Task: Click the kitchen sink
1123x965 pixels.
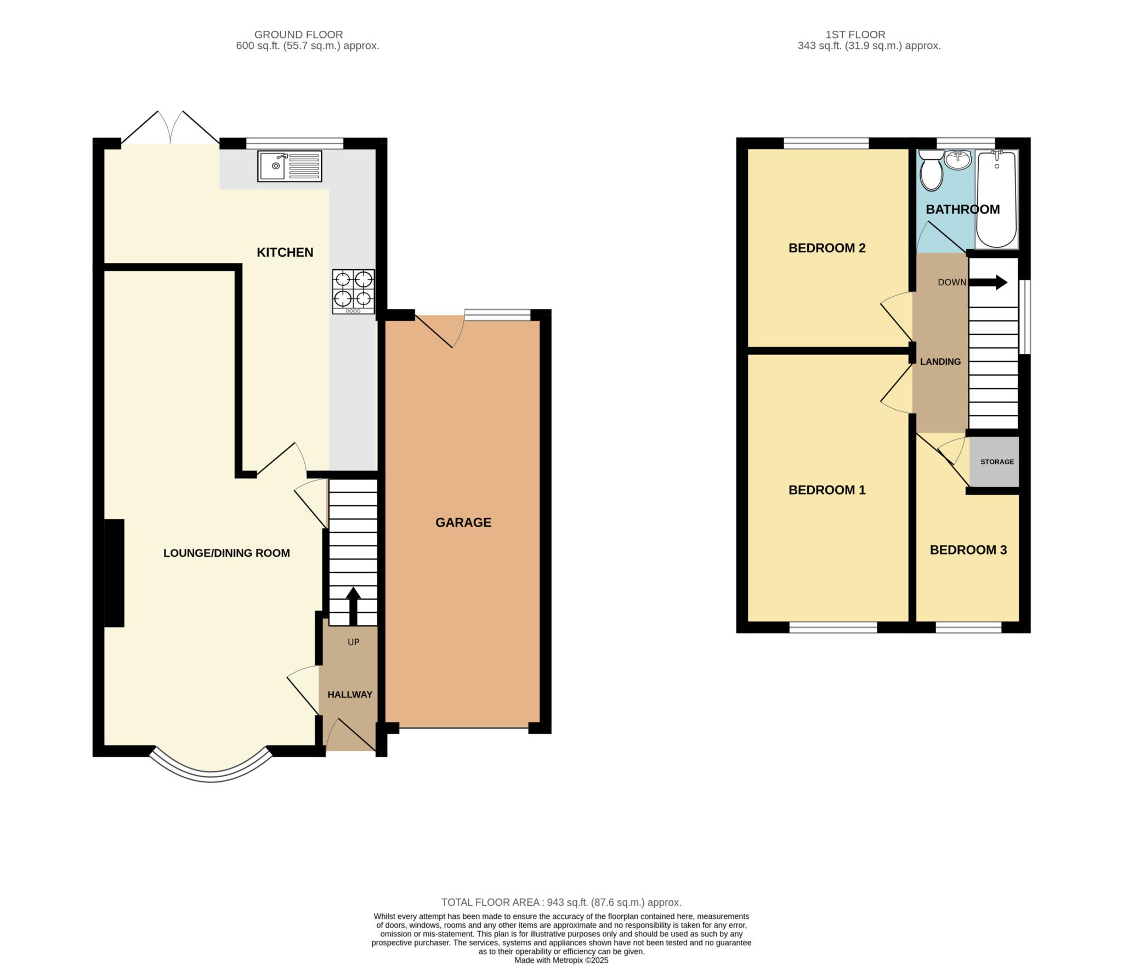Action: pyautogui.click(x=290, y=166)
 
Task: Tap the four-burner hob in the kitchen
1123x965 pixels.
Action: pyautogui.click(x=354, y=292)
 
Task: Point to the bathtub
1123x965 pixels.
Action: pyautogui.click(x=996, y=199)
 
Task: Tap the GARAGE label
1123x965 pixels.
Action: pyautogui.click(x=463, y=522)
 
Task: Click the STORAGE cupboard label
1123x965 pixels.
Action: pyautogui.click(x=997, y=462)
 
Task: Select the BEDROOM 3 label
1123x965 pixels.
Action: pyautogui.click(x=968, y=550)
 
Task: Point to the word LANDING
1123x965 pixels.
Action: pyautogui.click(x=940, y=362)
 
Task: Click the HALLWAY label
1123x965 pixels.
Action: pyautogui.click(x=350, y=695)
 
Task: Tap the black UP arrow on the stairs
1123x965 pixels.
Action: pyautogui.click(x=353, y=606)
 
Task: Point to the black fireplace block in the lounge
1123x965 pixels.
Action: pyautogui.click(x=114, y=573)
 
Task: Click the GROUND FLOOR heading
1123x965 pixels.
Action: pyautogui.click(x=298, y=35)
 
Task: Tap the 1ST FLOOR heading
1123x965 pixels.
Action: pyautogui.click(x=855, y=35)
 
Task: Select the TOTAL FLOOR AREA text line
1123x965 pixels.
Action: pyautogui.click(x=561, y=902)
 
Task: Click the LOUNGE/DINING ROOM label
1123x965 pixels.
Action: pyautogui.click(x=226, y=553)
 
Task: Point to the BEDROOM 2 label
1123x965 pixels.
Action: pyautogui.click(x=827, y=248)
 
